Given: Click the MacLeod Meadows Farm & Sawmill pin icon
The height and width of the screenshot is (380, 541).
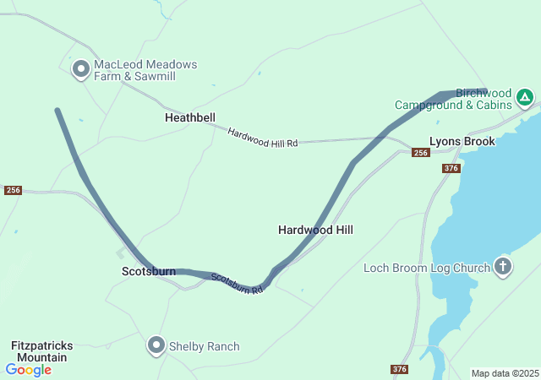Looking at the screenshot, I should (81, 69).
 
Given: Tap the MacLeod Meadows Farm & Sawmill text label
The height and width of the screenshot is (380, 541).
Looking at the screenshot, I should (145, 71).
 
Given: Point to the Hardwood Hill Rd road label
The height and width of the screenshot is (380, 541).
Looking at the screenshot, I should (263, 138).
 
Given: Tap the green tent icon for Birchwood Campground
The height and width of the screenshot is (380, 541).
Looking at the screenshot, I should (524, 98).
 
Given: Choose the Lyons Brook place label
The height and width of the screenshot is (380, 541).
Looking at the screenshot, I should (462, 141).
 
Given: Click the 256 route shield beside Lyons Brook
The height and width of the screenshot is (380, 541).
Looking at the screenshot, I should (420, 153).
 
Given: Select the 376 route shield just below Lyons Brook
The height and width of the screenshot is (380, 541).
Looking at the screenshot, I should (451, 169).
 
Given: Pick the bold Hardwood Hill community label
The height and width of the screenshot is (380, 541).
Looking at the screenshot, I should (315, 230).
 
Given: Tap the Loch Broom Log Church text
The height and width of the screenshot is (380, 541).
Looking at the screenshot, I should (426, 269).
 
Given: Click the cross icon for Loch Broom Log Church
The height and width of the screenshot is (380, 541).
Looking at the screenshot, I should (503, 268).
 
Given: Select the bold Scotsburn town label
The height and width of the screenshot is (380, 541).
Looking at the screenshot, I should (149, 272).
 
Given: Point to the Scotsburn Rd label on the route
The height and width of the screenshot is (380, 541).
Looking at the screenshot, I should (238, 283).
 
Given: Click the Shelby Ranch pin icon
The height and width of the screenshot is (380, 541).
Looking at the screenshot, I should (156, 345).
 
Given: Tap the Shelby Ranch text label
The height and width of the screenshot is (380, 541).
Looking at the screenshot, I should (204, 346).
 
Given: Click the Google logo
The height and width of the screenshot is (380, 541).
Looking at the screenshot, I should (28, 370).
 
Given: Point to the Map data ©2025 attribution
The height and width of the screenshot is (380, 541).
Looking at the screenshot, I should (505, 373).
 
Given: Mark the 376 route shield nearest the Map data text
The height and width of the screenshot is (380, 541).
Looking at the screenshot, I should (400, 369).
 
